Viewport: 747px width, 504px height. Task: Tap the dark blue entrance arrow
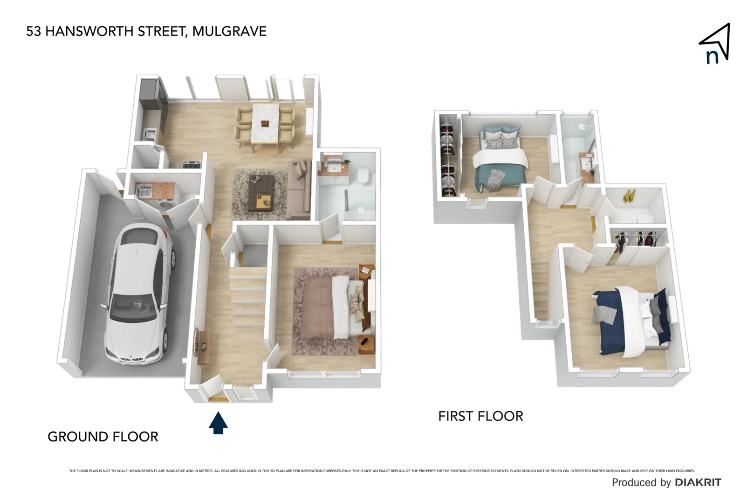[x=218, y=422]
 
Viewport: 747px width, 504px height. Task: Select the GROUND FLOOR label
[x=103, y=437]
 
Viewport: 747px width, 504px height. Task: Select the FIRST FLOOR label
[x=480, y=416]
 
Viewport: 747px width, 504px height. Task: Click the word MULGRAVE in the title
[x=229, y=31]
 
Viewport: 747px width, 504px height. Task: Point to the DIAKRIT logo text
[x=698, y=483]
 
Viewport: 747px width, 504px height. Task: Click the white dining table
[x=265, y=123]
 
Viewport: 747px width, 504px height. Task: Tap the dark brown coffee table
[x=260, y=191]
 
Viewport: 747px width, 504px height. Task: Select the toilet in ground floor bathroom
[x=363, y=176]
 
